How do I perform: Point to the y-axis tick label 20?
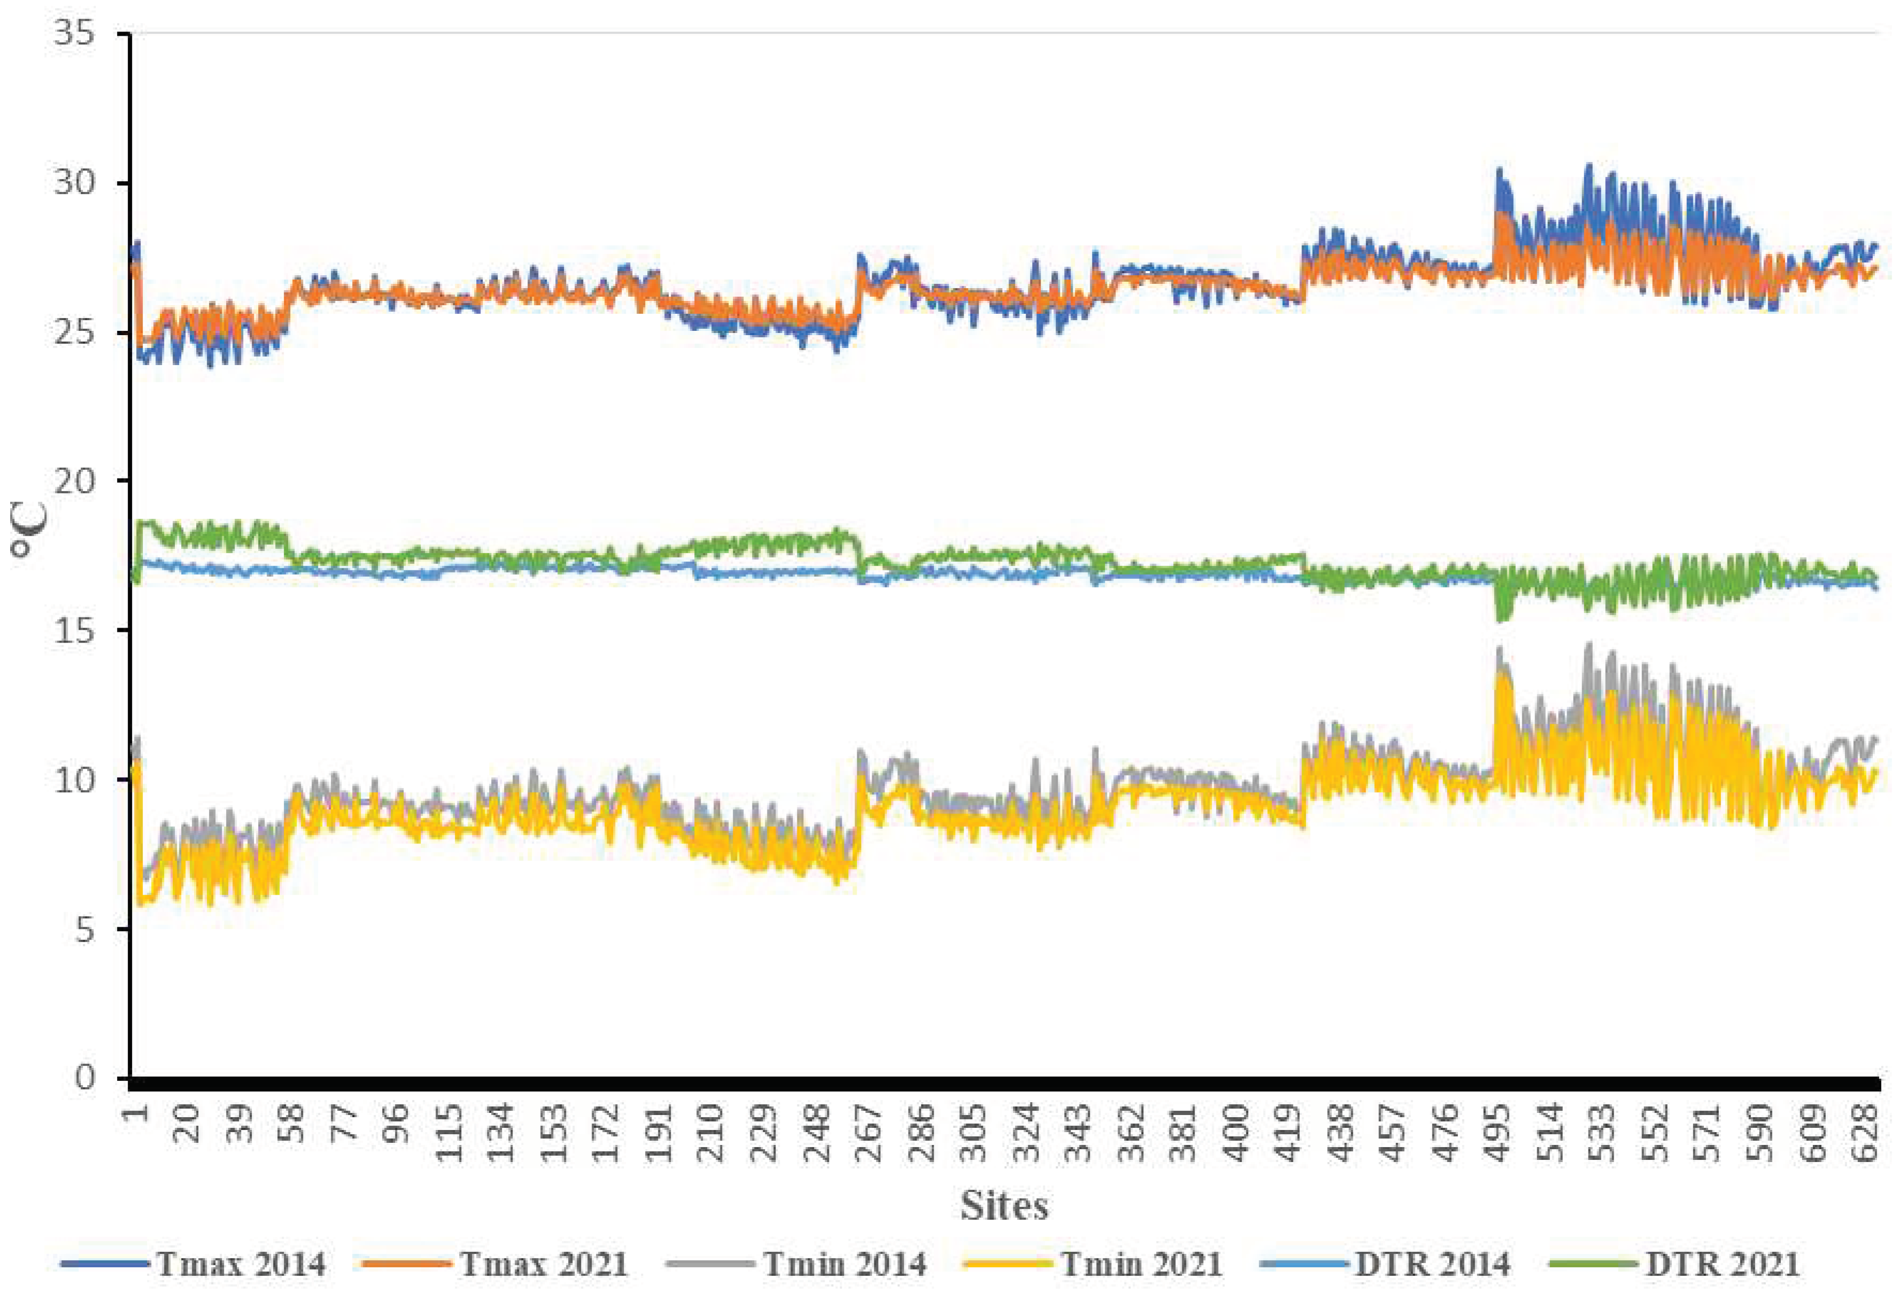74,481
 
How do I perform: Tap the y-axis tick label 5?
84,930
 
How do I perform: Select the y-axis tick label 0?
84,1077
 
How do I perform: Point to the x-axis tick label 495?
1498,1132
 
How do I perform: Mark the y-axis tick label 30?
74,182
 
